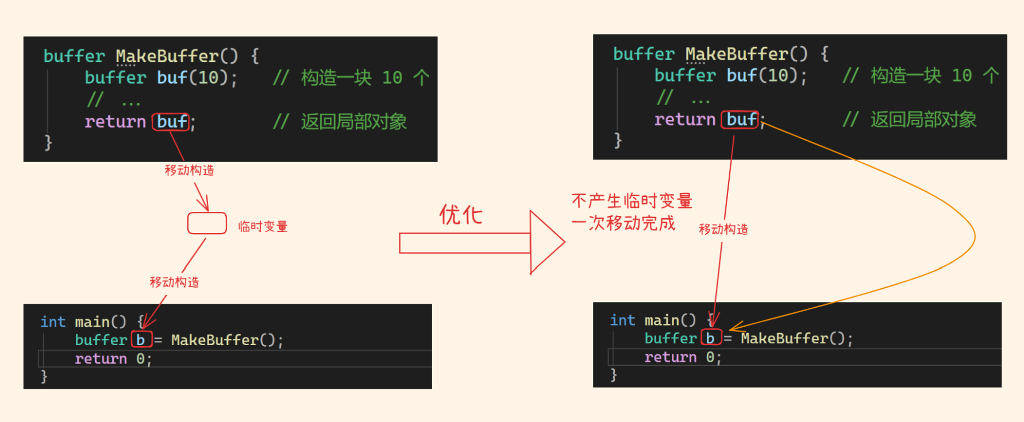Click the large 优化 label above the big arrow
click(x=461, y=215)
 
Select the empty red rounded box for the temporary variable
click(x=207, y=223)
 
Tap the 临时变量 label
click(x=263, y=226)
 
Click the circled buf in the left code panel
click(x=171, y=122)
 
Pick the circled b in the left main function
click(x=141, y=340)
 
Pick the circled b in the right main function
click(x=710, y=338)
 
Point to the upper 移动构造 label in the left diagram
click(x=189, y=170)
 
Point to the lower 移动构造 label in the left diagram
click(x=174, y=282)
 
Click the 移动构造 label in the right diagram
click(x=723, y=229)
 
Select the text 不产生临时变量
click(x=632, y=201)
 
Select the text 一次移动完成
click(x=623, y=223)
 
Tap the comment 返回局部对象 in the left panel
click(x=353, y=122)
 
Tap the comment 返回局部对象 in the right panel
click(x=923, y=119)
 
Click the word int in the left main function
click(x=53, y=322)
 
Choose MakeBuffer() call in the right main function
click(x=796, y=338)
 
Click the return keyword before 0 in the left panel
click(x=101, y=359)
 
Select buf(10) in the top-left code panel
click(x=196, y=78)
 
